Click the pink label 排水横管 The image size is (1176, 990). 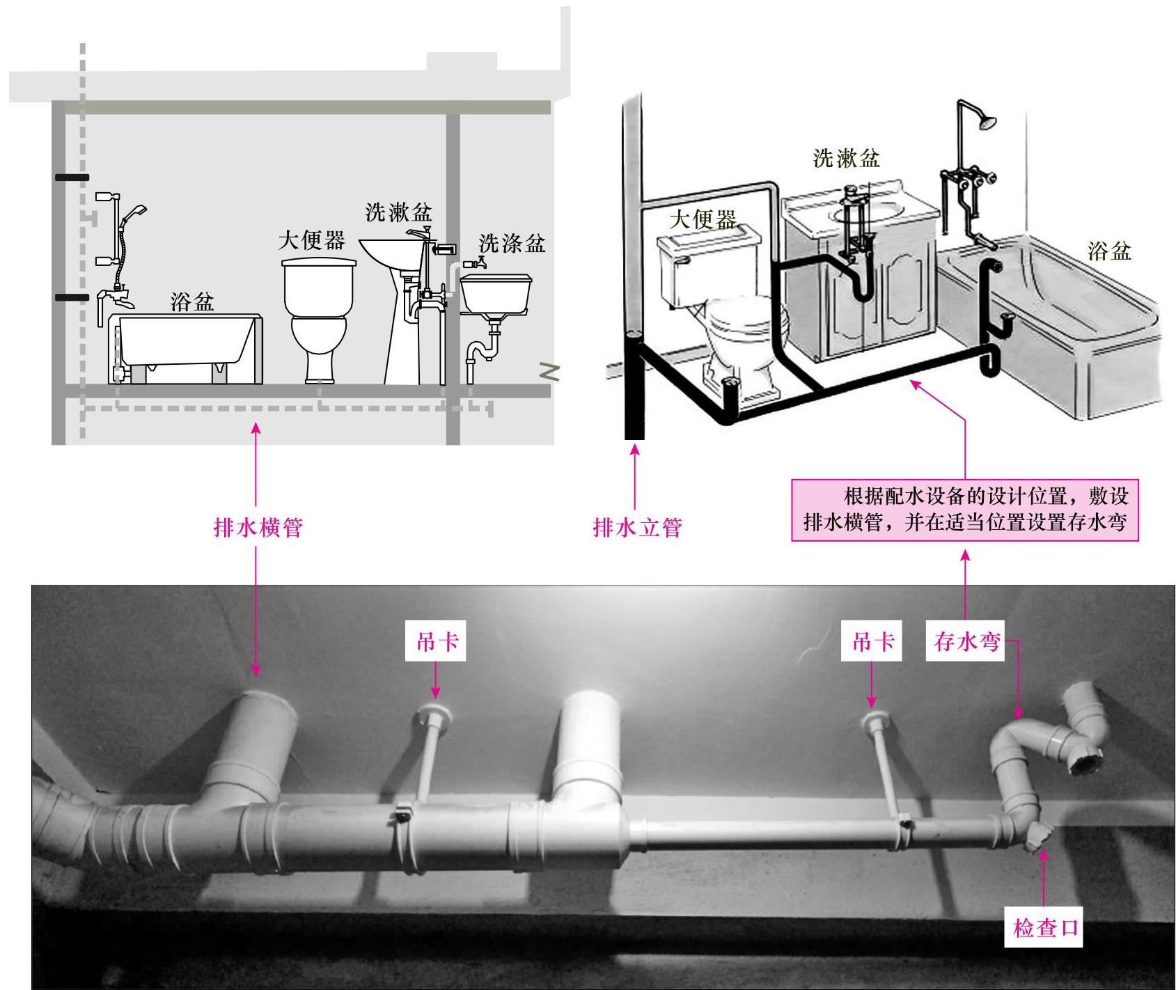(x=258, y=527)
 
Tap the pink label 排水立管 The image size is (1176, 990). (x=637, y=527)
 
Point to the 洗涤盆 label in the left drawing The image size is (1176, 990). (x=512, y=243)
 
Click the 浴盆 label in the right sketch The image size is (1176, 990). (x=1109, y=251)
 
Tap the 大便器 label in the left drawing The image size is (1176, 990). (x=311, y=241)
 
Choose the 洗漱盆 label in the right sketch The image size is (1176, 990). (x=846, y=158)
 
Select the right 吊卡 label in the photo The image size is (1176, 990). (x=873, y=642)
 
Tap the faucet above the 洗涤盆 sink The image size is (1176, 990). (x=476, y=263)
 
